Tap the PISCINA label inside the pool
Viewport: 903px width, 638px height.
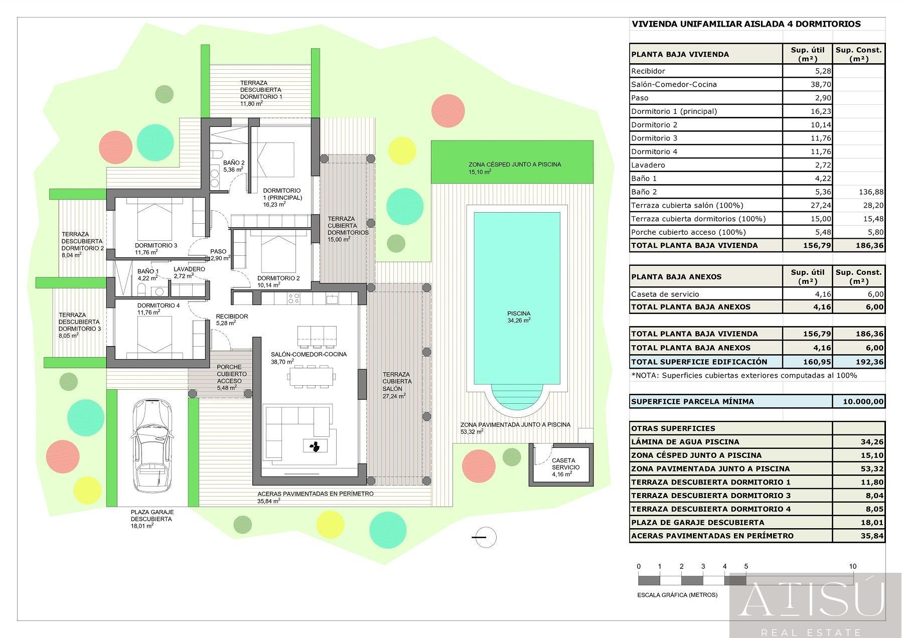click(x=519, y=314)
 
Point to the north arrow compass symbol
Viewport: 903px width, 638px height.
click(x=485, y=537)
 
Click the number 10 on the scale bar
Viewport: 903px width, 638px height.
click(x=852, y=566)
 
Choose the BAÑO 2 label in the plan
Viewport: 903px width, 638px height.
click(x=234, y=163)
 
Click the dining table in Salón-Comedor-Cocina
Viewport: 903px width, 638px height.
click(x=311, y=376)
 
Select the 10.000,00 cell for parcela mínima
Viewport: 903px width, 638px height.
click(x=858, y=401)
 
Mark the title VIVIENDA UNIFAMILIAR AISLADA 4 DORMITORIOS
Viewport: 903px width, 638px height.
click(x=746, y=24)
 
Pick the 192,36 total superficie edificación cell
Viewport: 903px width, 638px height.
click(x=858, y=362)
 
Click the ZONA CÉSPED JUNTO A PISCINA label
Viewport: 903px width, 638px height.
click(x=515, y=165)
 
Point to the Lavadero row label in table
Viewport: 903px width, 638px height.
click(x=648, y=165)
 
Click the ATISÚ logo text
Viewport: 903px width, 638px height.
click(x=813, y=599)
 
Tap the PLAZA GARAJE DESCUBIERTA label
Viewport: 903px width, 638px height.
click(x=152, y=516)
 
